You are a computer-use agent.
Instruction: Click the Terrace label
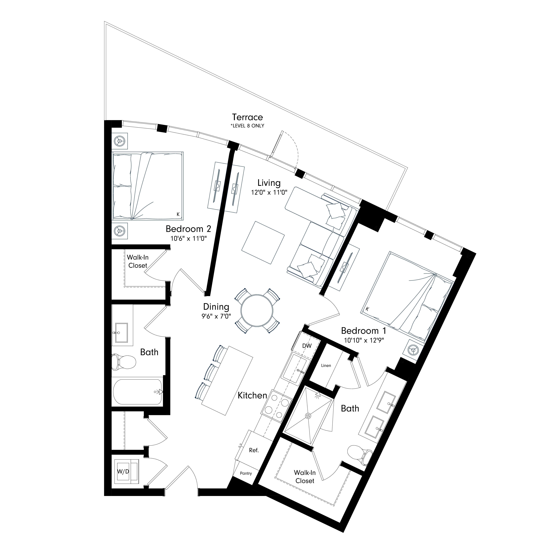tap(247, 117)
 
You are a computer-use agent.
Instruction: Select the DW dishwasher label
tap(307, 346)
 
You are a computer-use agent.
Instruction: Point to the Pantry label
tap(246, 473)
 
